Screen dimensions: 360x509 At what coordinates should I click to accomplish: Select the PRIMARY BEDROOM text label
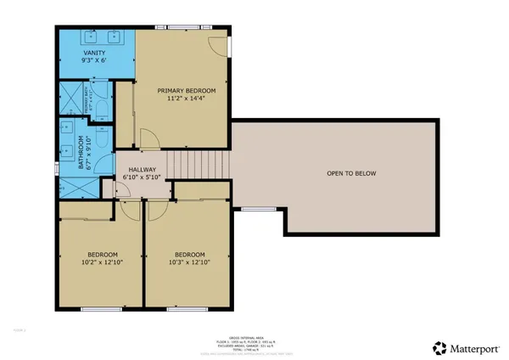click(x=187, y=90)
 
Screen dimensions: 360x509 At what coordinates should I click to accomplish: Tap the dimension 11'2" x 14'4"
click(x=187, y=98)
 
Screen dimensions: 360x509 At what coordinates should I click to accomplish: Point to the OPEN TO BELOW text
click(x=350, y=173)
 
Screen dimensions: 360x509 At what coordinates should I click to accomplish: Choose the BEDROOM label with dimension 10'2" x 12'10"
click(x=100, y=255)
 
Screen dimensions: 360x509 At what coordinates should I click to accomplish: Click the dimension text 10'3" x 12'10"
click(x=189, y=263)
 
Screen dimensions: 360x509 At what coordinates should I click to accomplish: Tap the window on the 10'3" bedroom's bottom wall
click(x=180, y=309)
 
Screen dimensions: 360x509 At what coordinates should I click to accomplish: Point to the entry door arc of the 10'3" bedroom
click(x=155, y=211)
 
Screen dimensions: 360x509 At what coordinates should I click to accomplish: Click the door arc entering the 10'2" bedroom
click(x=131, y=211)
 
